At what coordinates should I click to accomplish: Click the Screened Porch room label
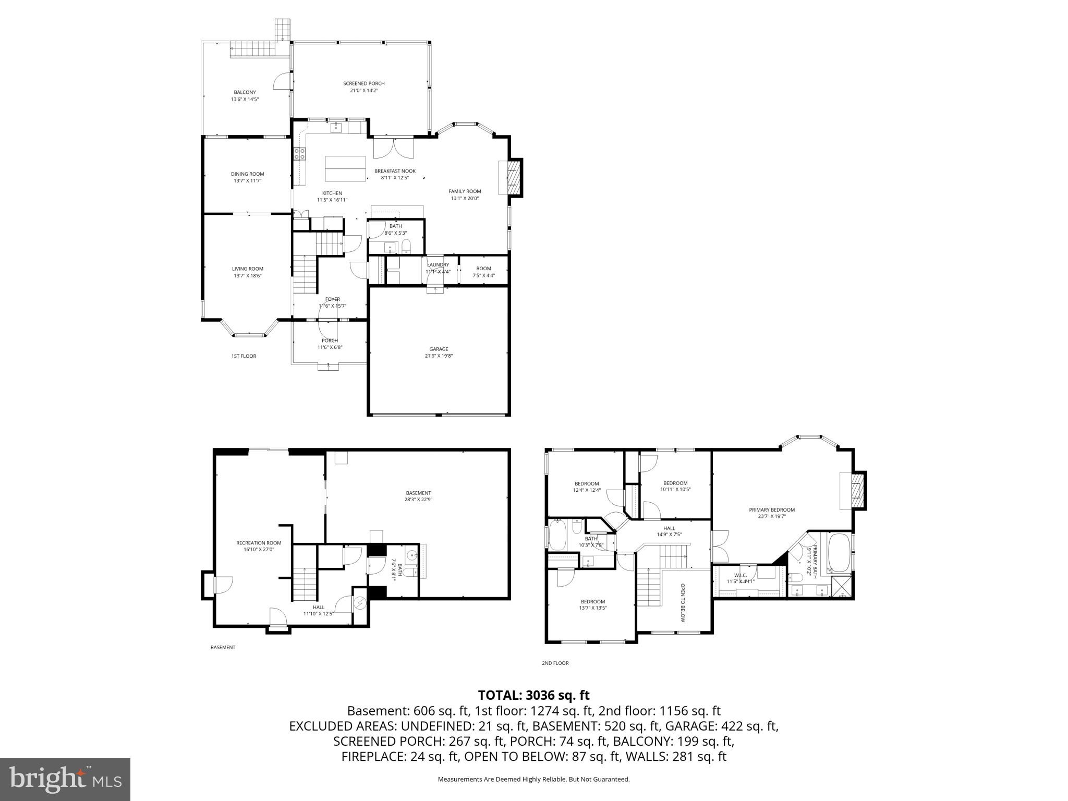[363, 83]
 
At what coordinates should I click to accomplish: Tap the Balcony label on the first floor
[245, 92]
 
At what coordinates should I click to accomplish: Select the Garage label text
[439, 349]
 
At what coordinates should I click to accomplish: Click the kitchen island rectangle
[345, 168]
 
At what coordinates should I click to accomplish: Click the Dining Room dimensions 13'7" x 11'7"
[247, 181]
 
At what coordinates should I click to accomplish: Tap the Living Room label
[247, 269]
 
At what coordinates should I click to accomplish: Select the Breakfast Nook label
[395, 171]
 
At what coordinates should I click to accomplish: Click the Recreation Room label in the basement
[259, 543]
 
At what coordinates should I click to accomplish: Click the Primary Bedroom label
[771, 509]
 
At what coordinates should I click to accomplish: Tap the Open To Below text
[682, 602]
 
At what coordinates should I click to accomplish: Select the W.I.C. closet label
[741, 575]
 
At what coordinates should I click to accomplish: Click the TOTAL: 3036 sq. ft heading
[533, 695]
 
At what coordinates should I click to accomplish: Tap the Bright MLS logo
[65, 779]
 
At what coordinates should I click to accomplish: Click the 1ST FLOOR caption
[244, 356]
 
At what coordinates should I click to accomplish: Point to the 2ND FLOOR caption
[555, 663]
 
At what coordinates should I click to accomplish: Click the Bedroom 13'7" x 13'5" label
[592, 601]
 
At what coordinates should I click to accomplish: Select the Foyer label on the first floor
[332, 299]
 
